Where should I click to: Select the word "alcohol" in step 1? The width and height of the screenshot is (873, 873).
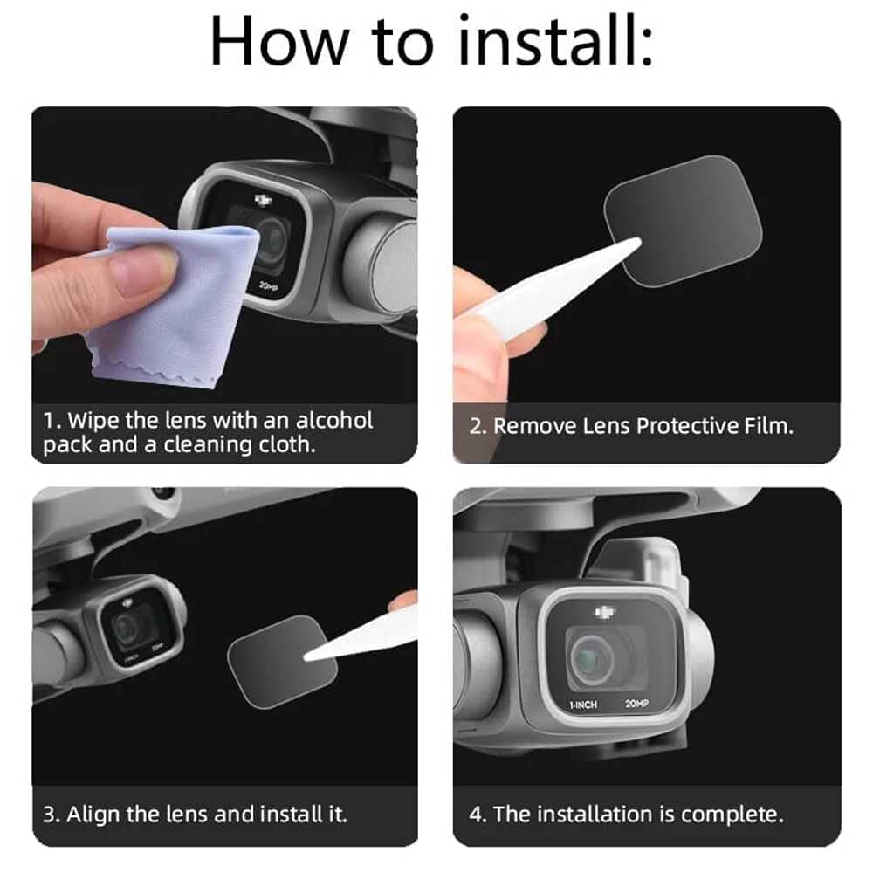[334, 421]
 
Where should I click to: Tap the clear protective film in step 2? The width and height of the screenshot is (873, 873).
[683, 221]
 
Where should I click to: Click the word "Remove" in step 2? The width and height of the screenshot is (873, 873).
[534, 426]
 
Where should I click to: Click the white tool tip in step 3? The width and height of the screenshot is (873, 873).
[308, 656]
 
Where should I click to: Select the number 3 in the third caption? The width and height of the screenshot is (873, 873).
[49, 815]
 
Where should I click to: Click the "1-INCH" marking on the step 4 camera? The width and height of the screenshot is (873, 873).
[583, 705]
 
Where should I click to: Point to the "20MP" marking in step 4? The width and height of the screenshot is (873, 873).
[637, 704]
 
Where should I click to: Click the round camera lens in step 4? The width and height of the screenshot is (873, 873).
[591, 659]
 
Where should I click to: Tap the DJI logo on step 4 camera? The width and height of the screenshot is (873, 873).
[605, 613]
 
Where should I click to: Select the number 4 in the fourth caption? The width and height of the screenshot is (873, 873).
[476, 815]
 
